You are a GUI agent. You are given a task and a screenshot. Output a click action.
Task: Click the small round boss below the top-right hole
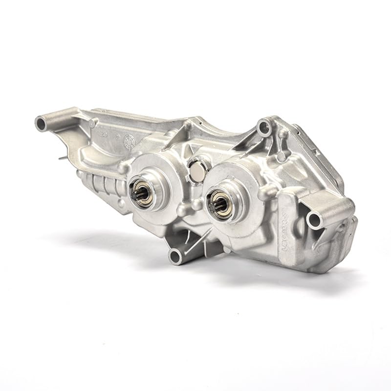coord(281,156)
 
